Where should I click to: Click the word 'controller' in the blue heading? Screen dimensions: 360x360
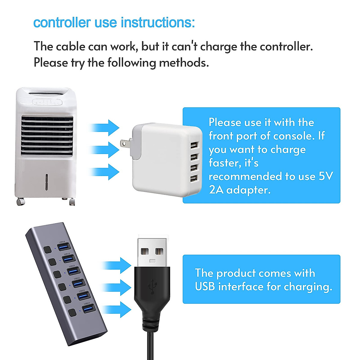click(x=62, y=23)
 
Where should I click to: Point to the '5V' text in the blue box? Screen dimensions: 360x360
click(x=326, y=176)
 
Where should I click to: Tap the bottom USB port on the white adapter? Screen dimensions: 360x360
click(x=194, y=179)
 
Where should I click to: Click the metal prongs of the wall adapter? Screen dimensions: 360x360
click(x=124, y=144)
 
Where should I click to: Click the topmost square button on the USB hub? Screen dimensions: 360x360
click(x=47, y=250)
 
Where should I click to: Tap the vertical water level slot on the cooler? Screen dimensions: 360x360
click(x=46, y=182)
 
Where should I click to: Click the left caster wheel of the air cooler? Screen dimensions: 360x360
click(x=20, y=202)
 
